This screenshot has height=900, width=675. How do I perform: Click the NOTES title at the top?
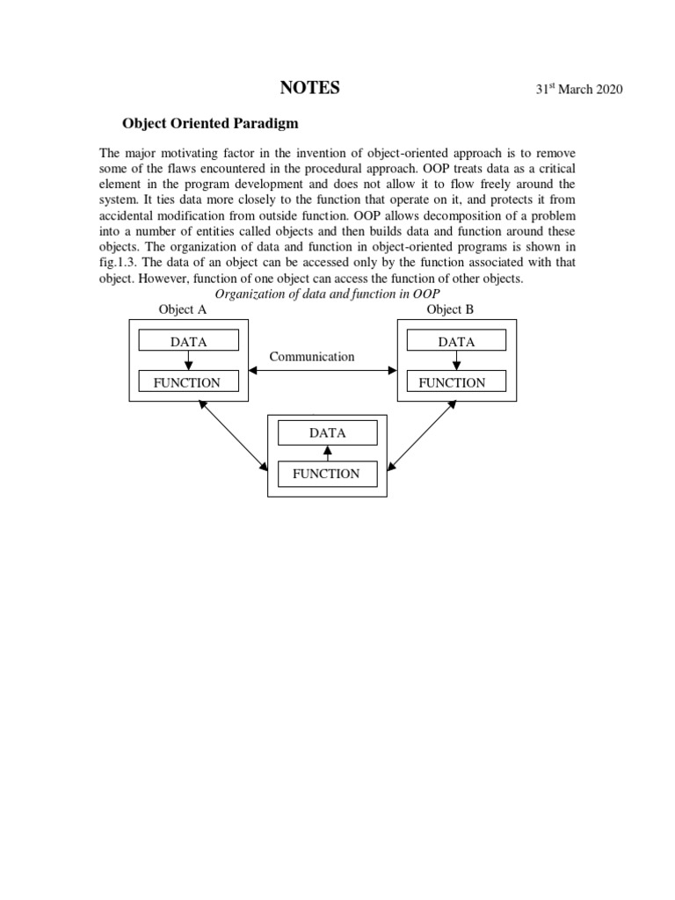tap(308, 88)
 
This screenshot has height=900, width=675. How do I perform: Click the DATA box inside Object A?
tap(188, 342)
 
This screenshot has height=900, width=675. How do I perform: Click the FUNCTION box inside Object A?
tap(188, 382)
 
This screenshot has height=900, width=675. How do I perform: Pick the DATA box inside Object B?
tap(456, 342)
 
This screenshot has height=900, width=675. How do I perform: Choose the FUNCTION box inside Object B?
tap(456, 382)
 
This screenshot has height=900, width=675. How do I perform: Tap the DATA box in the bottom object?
tap(327, 433)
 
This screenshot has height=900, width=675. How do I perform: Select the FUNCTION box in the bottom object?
tap(327, 474)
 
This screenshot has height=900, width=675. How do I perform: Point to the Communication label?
tap(312, 357)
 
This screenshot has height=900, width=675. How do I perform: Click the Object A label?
tap(182, 309)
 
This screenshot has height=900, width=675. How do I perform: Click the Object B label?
tap(450, 309)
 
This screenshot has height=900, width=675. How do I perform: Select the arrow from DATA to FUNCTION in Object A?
tap(188, 362)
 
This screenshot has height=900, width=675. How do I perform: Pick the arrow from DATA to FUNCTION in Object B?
tap(456, 362)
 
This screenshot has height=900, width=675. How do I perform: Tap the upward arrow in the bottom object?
tap(327, 454)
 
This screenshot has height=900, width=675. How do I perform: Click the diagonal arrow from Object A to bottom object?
tap(233, 434)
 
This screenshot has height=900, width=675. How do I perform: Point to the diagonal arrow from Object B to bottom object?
tap(420, 434)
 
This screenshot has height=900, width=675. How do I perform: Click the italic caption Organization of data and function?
tap(327, 294)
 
